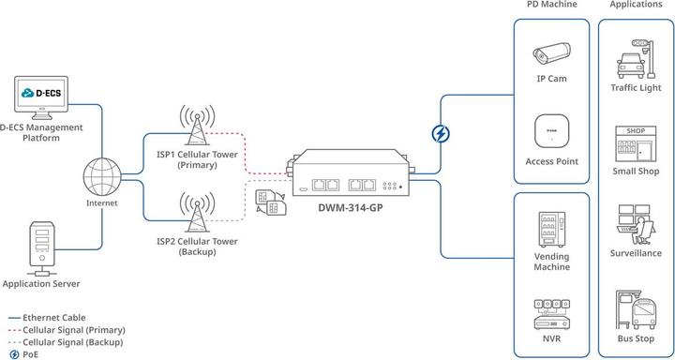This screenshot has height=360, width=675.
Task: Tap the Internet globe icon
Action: (102, 174)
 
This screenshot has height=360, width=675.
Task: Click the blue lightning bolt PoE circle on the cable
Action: (440, 134)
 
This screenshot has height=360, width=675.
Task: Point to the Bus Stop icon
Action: (637, 310)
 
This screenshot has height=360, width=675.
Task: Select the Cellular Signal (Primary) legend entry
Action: (73, 330)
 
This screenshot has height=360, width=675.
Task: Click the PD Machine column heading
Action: (552, 6)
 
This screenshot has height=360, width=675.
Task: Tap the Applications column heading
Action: (637, 6)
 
